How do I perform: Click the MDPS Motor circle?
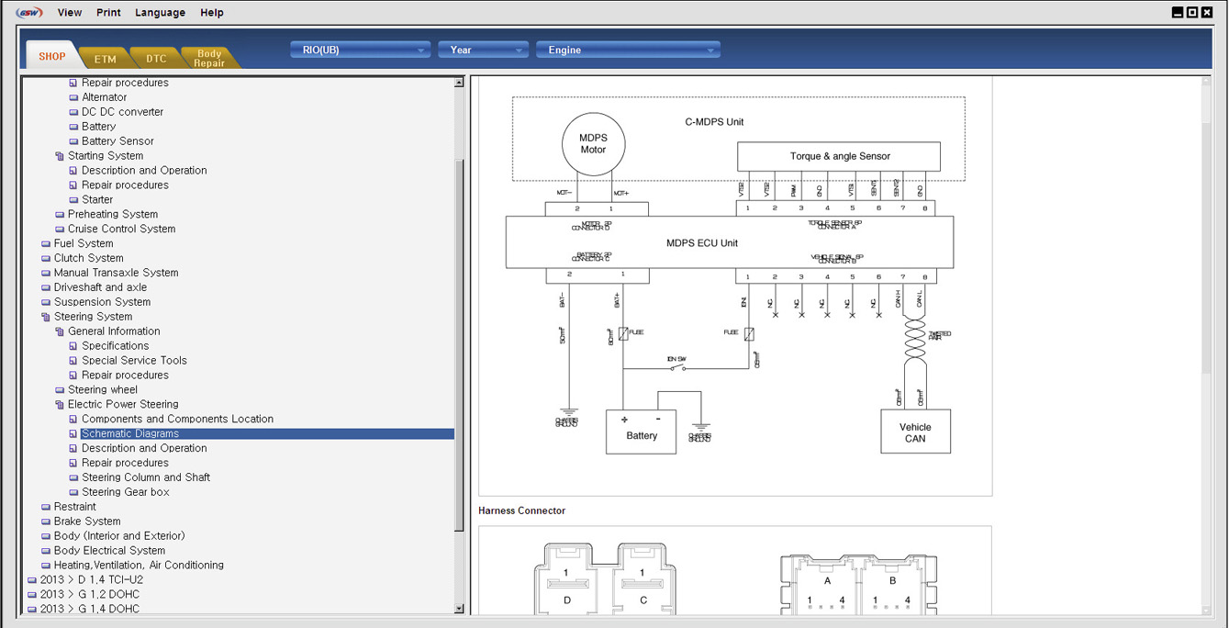(x=593, y=144)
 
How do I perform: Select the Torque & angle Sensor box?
(x=839, y=156)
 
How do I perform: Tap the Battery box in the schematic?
(x=641, y=432)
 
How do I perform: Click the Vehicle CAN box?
(x=914, y=432)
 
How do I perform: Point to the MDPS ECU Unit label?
(x=702, y=243)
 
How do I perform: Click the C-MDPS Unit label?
(x=714, y=121)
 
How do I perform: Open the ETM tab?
(x=106, y=59)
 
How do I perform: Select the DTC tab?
(x=156, y=59)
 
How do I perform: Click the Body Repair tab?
(x=209, y=58)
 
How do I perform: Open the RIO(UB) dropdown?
(x=360, y=50)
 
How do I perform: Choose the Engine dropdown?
(x=627, y=50)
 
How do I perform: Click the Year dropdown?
(x=483, y=50)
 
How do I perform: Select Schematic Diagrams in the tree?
(x=130, y=433)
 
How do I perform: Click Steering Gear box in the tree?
(x=126, y=492)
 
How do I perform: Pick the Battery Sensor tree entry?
(x=117, y=141)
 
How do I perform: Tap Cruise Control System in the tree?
(x=121, y=229)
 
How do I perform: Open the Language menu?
(x=160, y=13)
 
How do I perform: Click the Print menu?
(x=108, y=13)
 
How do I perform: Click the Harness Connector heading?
(x=521, y=510)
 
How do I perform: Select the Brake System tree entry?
(x=87, y=521)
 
